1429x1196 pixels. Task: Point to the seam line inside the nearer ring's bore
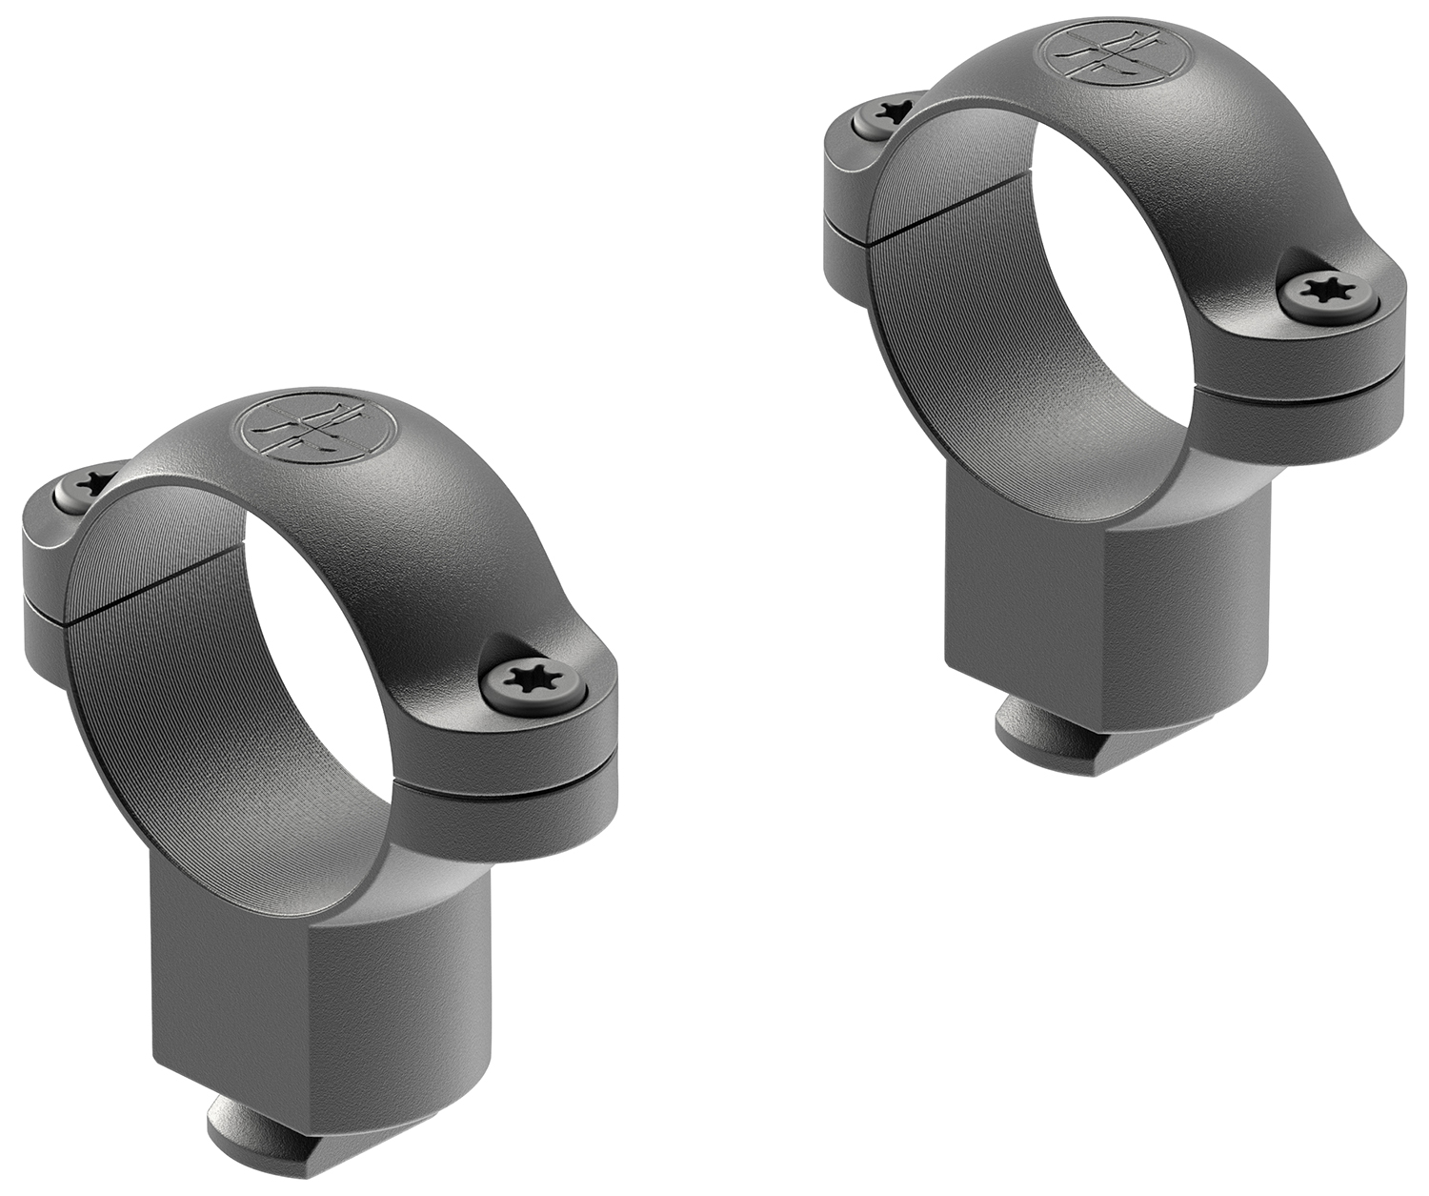(x=143, y=591)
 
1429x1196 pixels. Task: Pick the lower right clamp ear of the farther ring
(x=1305, y=405)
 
